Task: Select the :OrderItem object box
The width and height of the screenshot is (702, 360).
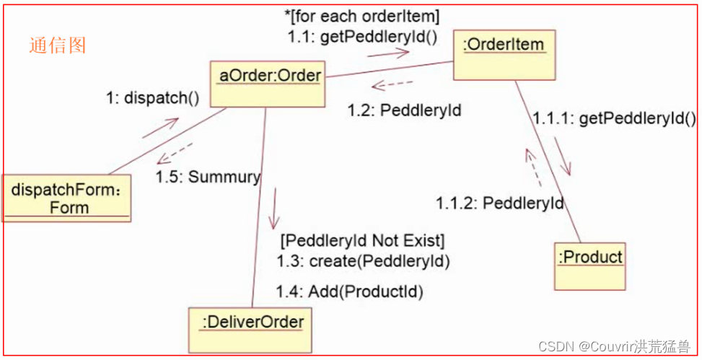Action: click(x=505, y=54)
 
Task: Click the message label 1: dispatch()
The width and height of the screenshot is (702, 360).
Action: click(x=152, y=98)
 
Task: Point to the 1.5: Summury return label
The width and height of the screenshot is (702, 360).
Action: click(x=209, y=177)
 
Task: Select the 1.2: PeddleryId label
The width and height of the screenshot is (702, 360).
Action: click(x=404, y=110)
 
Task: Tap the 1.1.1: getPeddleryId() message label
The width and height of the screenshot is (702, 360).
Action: click(x=614, y=119)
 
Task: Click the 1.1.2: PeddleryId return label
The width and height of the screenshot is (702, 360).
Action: click(x=500, y=203)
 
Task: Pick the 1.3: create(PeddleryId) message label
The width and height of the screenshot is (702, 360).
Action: click(x=363, y=260)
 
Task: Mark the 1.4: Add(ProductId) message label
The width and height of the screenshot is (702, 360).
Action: click(x=350, y=291)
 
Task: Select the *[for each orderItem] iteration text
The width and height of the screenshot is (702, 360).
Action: click(x=362, y=15)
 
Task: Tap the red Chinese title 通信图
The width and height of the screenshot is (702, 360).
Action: click(x=58, y=45)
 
